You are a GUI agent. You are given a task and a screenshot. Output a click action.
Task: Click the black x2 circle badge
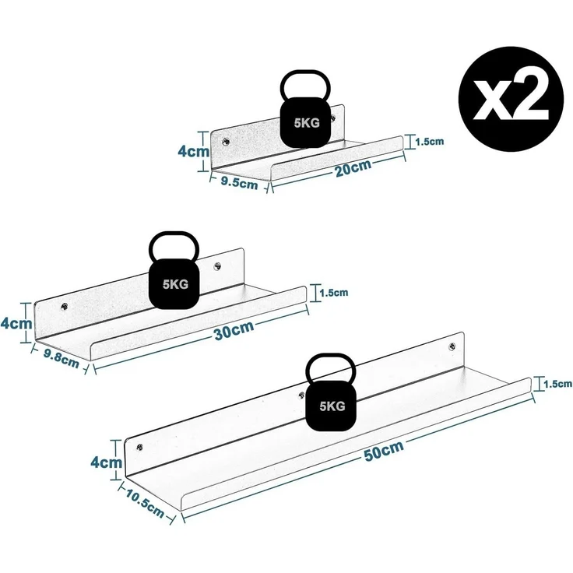click(x=511, y=99)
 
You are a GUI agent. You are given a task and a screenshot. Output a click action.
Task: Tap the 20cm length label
click(x=353, y=167)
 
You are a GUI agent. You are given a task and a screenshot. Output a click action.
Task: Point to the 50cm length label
click(x=384, y=451)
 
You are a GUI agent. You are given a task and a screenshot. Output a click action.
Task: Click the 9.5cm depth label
click(x=239, y=181)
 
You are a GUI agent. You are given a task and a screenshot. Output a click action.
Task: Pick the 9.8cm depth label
click(x=62, y=358)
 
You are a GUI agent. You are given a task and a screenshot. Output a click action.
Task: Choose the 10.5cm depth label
click(x=145, y=504)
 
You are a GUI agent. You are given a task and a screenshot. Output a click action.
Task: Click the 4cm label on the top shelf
click(x=194, y=151)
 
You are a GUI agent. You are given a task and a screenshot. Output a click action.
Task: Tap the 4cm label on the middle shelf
click(x=16, y=323)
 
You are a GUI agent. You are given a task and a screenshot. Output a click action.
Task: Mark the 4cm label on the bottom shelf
click(x=107, y=462)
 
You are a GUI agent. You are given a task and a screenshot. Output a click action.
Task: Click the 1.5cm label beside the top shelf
click(x=430, y=142)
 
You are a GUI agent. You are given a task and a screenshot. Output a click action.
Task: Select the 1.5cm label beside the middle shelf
click(x=334, y=293)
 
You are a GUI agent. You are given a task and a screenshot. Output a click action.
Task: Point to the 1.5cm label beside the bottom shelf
click(x=557, y=384)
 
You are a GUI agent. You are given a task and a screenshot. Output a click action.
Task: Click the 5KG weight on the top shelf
click(x=305, y=109)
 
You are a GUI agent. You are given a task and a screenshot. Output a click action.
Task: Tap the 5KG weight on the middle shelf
click(x=174, y=270)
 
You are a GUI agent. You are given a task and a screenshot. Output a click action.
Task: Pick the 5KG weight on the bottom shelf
click(x=331, y=392)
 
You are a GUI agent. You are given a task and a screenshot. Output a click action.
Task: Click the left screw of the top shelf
click(x=226, y=142)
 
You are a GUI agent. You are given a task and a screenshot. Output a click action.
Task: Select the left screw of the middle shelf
click(x=65, y=307)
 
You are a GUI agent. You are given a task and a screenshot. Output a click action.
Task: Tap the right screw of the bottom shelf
click(x=452, y=346)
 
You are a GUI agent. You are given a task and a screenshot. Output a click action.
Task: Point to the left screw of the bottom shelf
click(x=139, y=447)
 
